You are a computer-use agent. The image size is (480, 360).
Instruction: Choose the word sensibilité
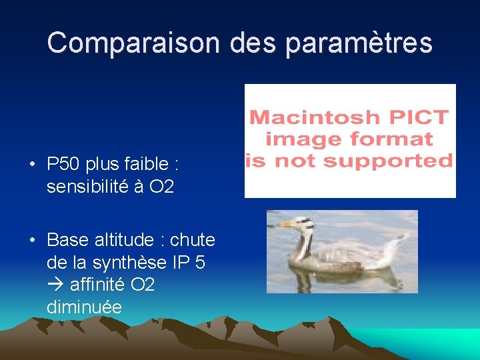pyautogui.click(x=87, y=187)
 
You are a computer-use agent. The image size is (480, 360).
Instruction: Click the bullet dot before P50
pyautogui.click(x=31, y=164)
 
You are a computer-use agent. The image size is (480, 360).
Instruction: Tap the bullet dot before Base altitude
pyautogui.click(x=31, y=239)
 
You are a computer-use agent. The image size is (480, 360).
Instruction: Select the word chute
pyautogui.click(x=193, y=239)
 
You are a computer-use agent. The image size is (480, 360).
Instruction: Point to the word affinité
pyautogui.click(x=98, y=285)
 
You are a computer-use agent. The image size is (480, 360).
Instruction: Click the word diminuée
pyautogui.click(x=84, y=307)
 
